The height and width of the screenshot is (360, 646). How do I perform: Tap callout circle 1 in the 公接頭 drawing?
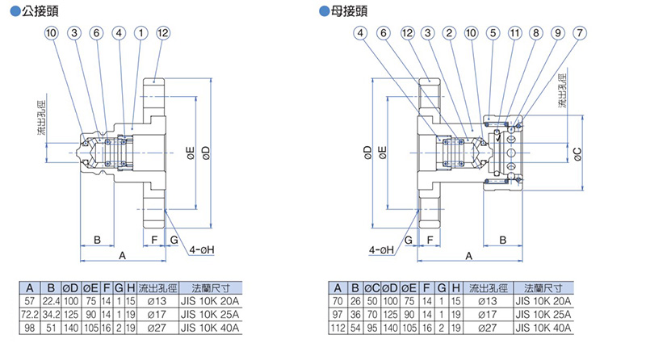[x=141, y=33]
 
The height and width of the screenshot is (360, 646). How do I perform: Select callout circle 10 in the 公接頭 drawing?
[x=52, y=33]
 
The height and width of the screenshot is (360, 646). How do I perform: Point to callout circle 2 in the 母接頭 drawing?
[x=448, y=33]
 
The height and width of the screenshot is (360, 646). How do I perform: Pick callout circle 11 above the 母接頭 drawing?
[x=514, y=33]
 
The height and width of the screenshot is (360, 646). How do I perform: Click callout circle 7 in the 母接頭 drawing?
[x=580, y=33]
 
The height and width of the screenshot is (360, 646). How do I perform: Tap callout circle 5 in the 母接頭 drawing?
[x=493, y=33]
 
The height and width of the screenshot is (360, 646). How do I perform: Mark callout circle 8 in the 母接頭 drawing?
[x=536, y=33]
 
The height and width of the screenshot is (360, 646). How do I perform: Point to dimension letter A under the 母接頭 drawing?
[x=468, y=256]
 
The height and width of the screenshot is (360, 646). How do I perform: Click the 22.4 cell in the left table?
[x=50, y=300]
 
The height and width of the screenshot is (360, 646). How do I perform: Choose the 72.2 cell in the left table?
[x=29, y=313]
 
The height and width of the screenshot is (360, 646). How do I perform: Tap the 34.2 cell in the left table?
[x=50, y=313]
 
